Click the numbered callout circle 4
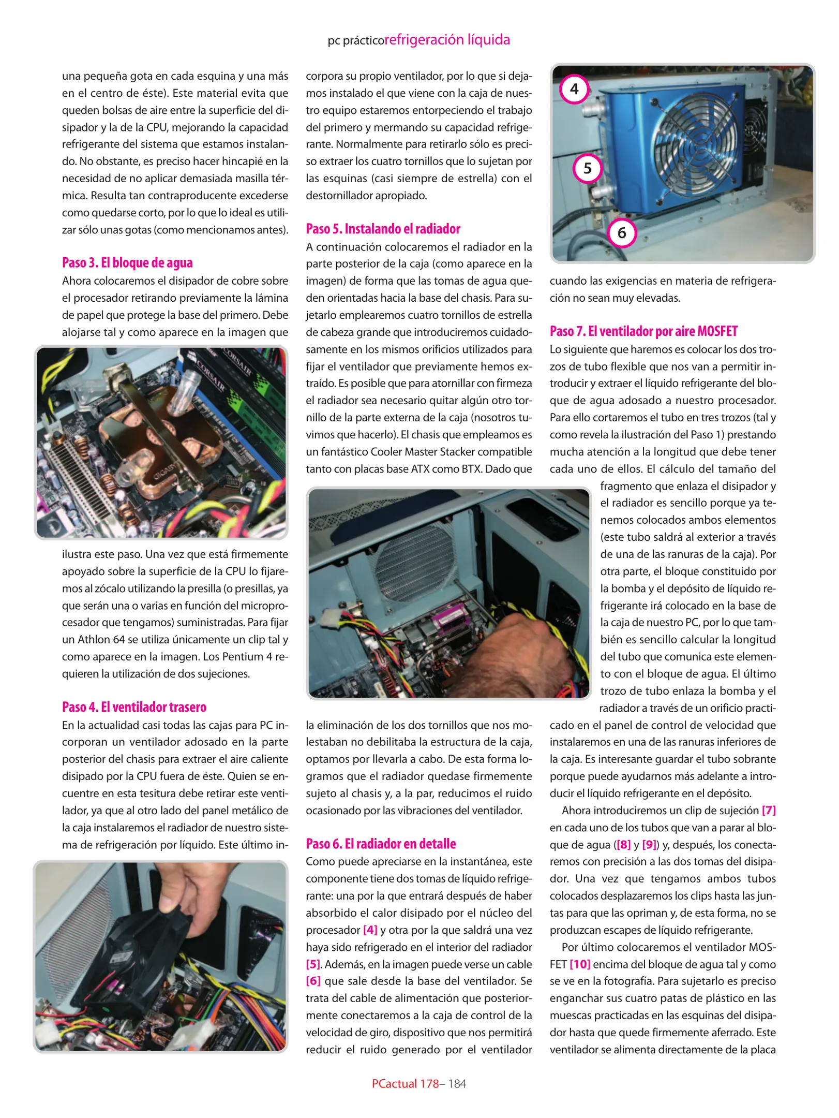point(574,90)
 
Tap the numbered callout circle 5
point(588,168)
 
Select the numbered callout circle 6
point(622,233)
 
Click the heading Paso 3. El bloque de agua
point(127,262)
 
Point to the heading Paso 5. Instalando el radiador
point(383,229)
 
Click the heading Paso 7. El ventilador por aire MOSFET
point(643,331)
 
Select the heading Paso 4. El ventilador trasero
point(134,707)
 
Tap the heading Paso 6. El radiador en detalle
point(381,844)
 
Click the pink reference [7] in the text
point(769,811)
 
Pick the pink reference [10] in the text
point(580,964)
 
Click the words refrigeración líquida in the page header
point(447,40)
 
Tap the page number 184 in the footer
point(457,1084)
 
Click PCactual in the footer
point(395,1084)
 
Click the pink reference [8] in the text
point(623,845)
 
